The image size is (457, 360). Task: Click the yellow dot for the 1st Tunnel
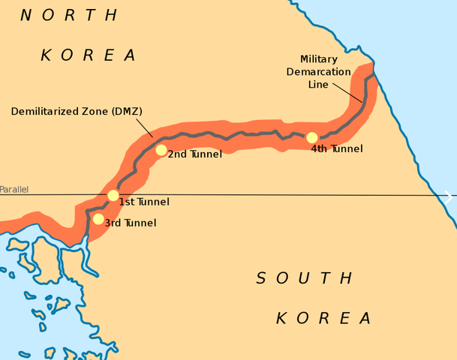113,196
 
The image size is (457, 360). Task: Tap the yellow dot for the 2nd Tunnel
161,150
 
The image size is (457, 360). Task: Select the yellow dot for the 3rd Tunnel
98,219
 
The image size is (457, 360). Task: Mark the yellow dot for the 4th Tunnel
312,138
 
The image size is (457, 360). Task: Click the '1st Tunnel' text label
144,202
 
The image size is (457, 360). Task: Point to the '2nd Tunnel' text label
194,154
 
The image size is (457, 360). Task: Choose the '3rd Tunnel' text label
130,223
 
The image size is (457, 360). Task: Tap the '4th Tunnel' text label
337,149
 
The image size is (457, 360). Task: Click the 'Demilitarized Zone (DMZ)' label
77,112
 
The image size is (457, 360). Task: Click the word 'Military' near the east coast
318,59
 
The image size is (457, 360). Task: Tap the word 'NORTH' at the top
69,16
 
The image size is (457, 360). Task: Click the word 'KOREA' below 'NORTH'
89,55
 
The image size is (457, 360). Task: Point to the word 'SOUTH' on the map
304,279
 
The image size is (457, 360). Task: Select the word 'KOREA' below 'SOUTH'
324,318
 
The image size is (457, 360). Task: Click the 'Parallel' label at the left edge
14,190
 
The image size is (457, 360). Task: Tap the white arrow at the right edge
448,197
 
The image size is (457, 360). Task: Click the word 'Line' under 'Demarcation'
318,85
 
